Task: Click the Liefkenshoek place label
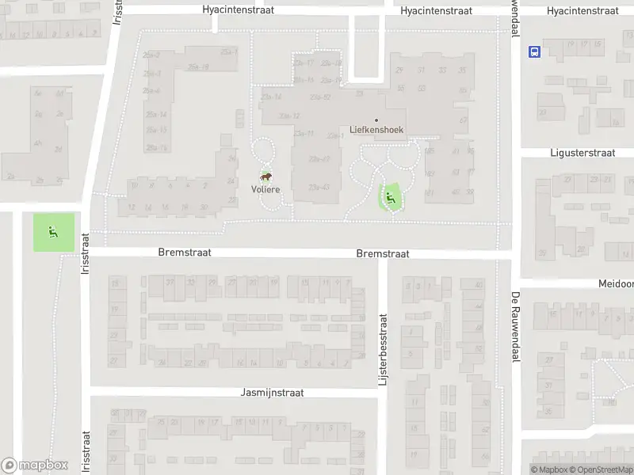click(376, 128)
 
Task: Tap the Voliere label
click(265, 189)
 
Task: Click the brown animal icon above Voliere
click(267, 177)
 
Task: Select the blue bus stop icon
click(535, 52)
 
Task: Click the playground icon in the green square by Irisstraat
click(54, 232)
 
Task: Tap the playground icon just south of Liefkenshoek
click(389, 197)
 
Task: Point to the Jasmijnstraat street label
click(272, 393)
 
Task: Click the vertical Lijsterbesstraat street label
click(382, 350)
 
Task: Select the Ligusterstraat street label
click(582, 152)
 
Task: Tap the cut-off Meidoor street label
click(616, 283)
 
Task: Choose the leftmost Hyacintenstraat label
click(238, 10)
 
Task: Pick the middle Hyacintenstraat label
click(436, 10)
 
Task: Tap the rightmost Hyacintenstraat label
click(582, 10)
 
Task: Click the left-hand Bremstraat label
click(185, 253)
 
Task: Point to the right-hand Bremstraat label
click(383, 254)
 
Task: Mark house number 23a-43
click(319, 187)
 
